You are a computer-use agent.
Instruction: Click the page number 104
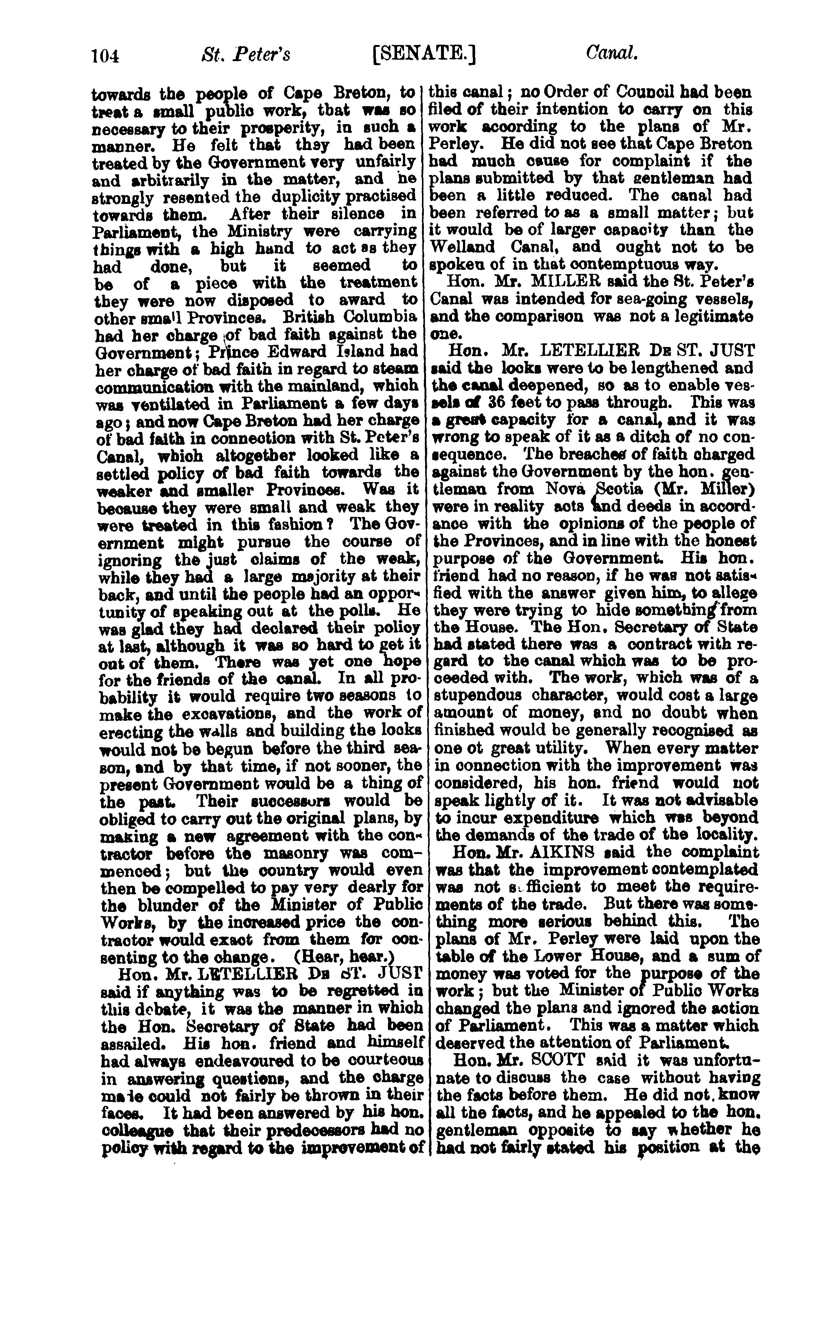(105, 55)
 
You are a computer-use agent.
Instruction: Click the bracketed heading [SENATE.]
(425, 55)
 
